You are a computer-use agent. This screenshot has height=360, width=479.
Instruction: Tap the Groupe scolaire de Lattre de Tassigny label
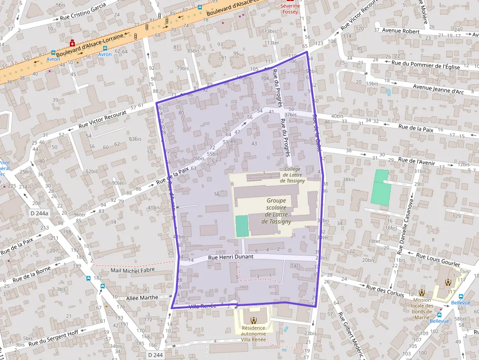(276, 211)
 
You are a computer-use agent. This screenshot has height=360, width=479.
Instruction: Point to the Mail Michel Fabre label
(132, 270)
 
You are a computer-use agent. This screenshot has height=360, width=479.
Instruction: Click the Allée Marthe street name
(142, 297)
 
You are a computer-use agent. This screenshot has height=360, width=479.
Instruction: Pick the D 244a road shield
(39, 213)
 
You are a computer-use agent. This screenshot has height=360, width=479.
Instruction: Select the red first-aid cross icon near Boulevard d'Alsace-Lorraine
(72, 43)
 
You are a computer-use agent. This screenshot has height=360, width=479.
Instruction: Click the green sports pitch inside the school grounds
(241, 226)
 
